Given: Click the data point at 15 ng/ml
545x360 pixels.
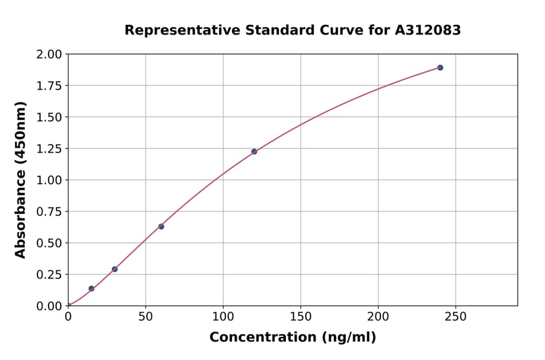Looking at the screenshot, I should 91,288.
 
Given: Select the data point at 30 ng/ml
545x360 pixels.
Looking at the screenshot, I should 114,269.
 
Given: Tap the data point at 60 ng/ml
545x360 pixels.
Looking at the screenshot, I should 161,227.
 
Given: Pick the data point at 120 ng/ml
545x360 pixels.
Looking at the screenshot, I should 254,152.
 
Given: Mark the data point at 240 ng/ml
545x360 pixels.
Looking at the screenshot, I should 440,68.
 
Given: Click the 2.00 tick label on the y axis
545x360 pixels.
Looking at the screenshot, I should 49,55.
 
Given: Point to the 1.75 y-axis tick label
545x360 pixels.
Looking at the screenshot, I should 49,86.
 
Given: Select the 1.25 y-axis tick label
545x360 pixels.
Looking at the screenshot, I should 49,149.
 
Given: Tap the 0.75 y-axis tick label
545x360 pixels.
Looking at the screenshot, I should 49,212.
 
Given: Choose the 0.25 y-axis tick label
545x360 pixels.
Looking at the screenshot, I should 49,275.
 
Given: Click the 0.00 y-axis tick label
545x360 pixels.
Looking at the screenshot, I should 49,306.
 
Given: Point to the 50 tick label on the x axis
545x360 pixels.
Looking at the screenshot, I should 145,317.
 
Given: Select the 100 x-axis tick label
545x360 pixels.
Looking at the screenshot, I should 223,317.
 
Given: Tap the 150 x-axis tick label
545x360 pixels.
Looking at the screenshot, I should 301,317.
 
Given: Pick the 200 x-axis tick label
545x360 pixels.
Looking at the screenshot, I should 378,317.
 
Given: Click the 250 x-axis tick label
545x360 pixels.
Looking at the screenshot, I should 456,317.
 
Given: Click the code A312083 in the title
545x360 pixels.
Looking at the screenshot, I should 429,30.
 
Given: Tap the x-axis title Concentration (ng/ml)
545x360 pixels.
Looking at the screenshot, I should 292,338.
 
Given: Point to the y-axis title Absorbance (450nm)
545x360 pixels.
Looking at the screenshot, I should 21,180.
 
